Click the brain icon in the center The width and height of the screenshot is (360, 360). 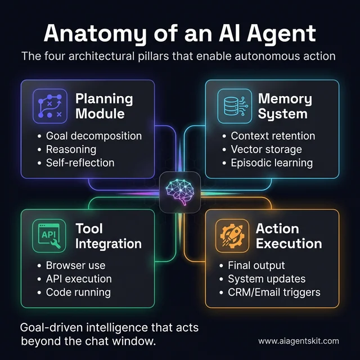179,191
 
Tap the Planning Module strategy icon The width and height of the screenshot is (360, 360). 49,106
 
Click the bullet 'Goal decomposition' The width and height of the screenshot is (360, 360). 93,136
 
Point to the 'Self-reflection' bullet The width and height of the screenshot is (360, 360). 80,163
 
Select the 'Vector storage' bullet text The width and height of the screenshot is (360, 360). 266,149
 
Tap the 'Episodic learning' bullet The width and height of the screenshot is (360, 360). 272,163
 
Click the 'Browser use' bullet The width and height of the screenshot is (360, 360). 75,265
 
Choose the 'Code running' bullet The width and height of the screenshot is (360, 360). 78,292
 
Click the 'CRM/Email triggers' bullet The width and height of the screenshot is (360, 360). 274,292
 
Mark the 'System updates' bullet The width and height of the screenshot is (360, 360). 267,278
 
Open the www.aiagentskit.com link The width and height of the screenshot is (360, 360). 298,341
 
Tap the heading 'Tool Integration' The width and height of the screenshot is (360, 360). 108,236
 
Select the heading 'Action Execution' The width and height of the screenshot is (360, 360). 289,236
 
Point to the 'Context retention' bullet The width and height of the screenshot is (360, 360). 273,136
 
